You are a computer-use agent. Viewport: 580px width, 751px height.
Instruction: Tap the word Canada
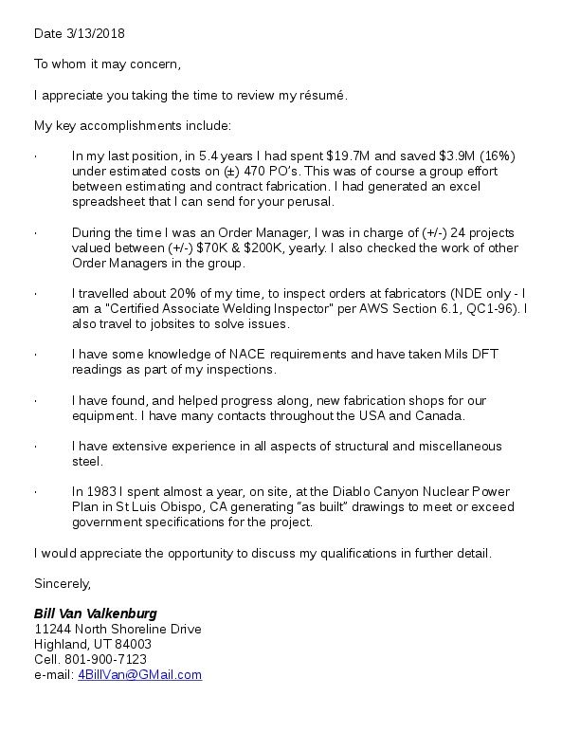(440, 416)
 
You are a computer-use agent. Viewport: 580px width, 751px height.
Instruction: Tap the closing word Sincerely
(63, 583)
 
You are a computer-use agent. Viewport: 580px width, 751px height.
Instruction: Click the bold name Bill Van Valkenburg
(96, 614)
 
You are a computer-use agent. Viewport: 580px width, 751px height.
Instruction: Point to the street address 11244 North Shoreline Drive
(118, 629)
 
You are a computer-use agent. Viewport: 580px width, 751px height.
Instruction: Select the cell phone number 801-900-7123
(104, 659)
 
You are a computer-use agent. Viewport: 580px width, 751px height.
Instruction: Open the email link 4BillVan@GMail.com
(139, 674)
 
